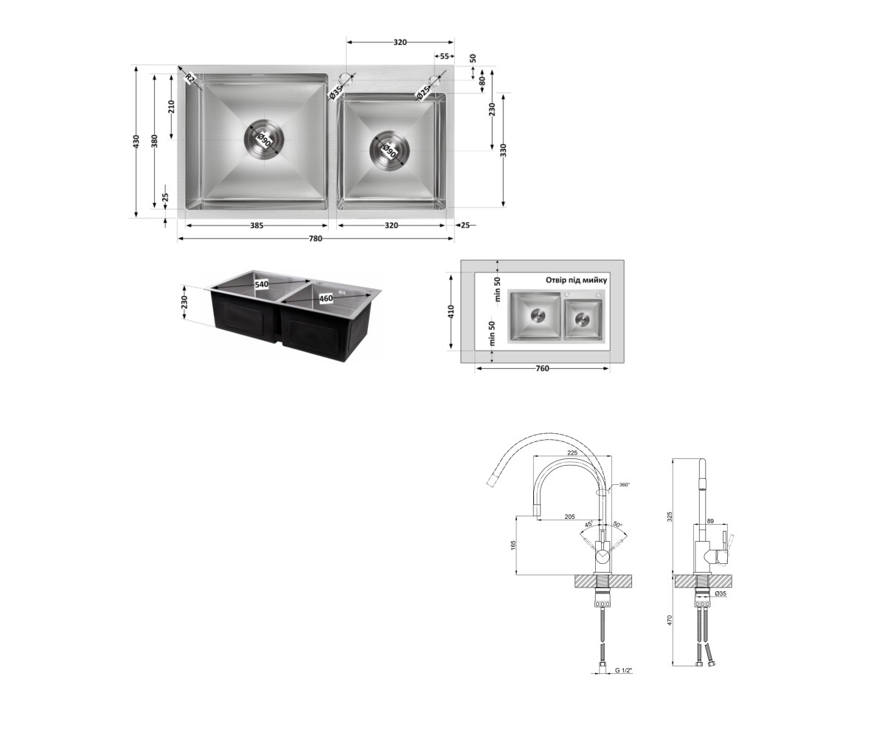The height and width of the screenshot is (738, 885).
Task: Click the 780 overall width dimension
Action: pyautogui.click(x=316, y=239)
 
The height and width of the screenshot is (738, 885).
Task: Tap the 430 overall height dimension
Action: pyautogui.click(x=136, y=140)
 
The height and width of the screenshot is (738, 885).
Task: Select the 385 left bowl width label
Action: pyautogui.click(x=257, y=226)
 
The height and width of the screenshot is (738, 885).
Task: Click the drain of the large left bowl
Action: pyautogui.click(x=265, y=139)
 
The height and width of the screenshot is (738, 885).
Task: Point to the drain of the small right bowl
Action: pyautogui.click(x=390, y=151)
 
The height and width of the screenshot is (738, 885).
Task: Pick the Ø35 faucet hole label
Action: pyautogui.click(x=336, y=93)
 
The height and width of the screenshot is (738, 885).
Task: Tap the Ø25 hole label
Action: pyautogui.click(x=423, y=93)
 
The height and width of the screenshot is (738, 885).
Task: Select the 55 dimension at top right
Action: pyautogui.click(x=444, y=56)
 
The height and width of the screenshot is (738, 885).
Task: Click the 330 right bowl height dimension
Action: pyautogui.click(x=504, y=150)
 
